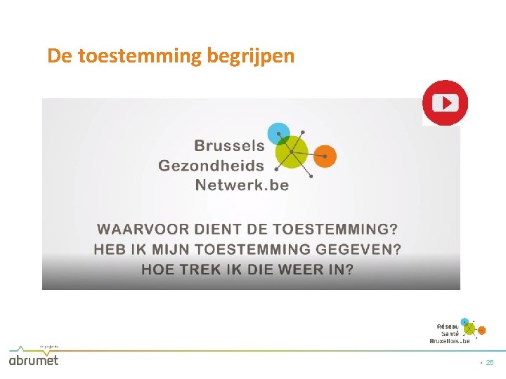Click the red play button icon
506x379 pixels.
coord(445,103)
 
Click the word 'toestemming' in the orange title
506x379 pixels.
coord(140,55)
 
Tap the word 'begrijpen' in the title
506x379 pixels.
coord(251,56)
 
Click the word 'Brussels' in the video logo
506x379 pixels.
coord(229,146)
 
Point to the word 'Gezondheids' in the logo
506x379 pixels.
coord(212,166)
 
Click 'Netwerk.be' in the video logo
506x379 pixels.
coord(242,185)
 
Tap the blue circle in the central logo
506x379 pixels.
coord(279,132)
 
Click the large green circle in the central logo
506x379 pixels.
coord(291,151)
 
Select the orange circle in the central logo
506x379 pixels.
coord(325,156)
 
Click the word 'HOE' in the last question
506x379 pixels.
coord(157,270)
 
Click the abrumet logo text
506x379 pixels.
coord(34,359)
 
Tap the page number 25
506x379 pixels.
coord(490,362)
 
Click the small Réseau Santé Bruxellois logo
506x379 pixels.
coord(458,331)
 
